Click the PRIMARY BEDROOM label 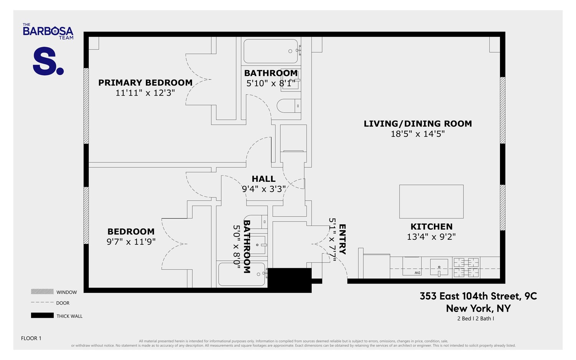point(145,83)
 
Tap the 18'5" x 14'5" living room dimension point(417,134)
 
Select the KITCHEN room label point(431,227)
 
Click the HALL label point(263,179)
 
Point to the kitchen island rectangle point(431,202)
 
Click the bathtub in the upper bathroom point(271,51)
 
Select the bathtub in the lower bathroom point(242,274)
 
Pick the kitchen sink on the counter point(439,267)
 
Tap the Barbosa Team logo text point(48,31)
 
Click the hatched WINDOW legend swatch point(42,292)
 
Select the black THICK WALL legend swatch point(42,316)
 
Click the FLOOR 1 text point(31,338)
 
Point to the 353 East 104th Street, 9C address point(478,296)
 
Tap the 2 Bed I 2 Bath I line point(475,319)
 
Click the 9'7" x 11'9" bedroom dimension point(131,242)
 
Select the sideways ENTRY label point(342,239)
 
